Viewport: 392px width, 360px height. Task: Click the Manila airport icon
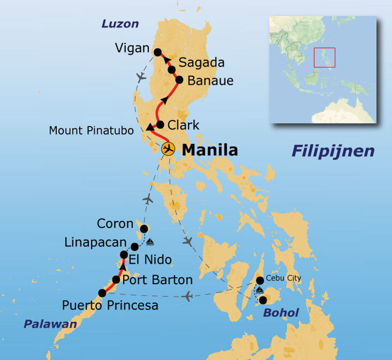[x=168, y=149]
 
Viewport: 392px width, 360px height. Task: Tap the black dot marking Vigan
[x=157, y=52]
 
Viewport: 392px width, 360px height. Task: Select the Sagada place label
[x=201, y=62]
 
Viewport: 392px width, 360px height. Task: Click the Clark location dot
[x=160, y=124]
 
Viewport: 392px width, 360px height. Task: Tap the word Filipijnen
[x=333, y=151]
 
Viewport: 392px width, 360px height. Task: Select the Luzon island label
[x=120, y=24]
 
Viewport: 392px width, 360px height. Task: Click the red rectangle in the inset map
[x=324, y=57]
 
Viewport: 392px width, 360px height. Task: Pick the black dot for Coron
[x=144, y=229]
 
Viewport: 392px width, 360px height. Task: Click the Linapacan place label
[x=95, y=242]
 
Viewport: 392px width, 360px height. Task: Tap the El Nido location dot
[x=124, y=254]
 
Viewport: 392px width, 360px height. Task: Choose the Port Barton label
[x=157, y=280]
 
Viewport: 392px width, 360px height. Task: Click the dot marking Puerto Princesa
[x=102, y=293]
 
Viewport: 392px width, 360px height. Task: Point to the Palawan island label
[x=50, y=324]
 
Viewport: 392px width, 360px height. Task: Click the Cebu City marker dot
[x=260, y=280]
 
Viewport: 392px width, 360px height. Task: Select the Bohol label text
[x=281, y=313]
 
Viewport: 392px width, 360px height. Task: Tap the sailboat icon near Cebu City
[x=260, y=290]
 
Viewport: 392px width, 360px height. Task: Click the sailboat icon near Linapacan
[x=150, y=242]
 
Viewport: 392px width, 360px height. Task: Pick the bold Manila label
[x=210, y=150]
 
